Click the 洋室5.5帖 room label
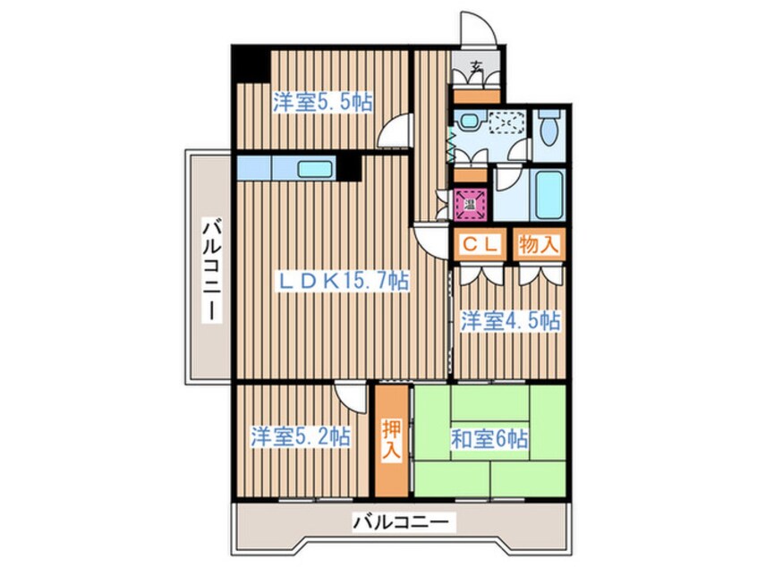coord(322,102)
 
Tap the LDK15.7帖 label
coord(342,281)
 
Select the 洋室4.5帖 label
coord(511,321)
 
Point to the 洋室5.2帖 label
coord(300,437)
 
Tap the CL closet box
coord(480,245)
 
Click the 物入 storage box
coord(539,245)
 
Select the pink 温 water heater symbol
coord(470,205)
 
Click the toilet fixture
coord(550,131)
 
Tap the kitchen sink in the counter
coord(314,168)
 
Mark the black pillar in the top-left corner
coord(251,65)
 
